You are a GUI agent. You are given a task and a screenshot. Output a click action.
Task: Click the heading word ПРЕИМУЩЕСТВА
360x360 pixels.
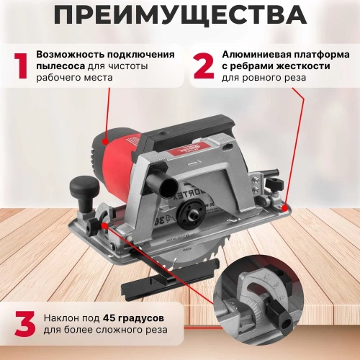(x=179, y=15)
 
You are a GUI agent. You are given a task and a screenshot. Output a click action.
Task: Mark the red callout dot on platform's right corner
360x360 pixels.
(x=287, y=207)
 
